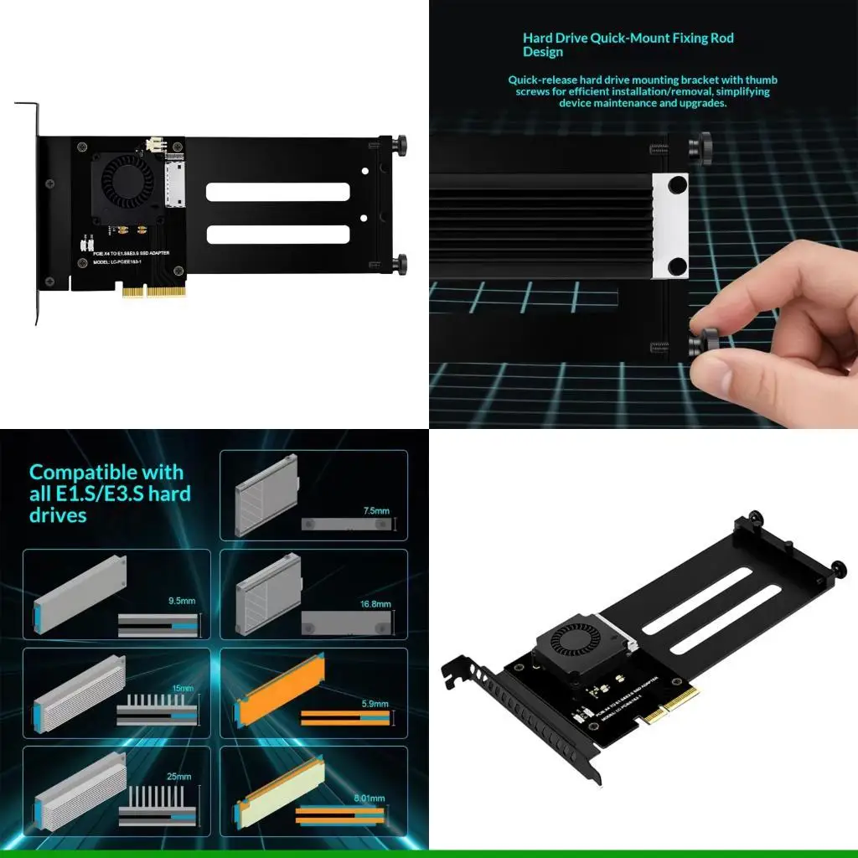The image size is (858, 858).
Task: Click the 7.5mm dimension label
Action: (x=376, y=510)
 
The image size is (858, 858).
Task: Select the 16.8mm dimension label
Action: (x=375, y=604)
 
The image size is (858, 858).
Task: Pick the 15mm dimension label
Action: (x=182, y=689)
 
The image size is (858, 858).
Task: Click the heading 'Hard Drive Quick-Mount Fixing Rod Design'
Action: (x=628, y=44)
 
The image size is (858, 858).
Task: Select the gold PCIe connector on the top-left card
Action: (x=152, y=292)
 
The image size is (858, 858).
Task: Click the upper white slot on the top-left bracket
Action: (x=277, y=192)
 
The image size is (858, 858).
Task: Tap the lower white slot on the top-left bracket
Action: (x=277, y=235)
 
